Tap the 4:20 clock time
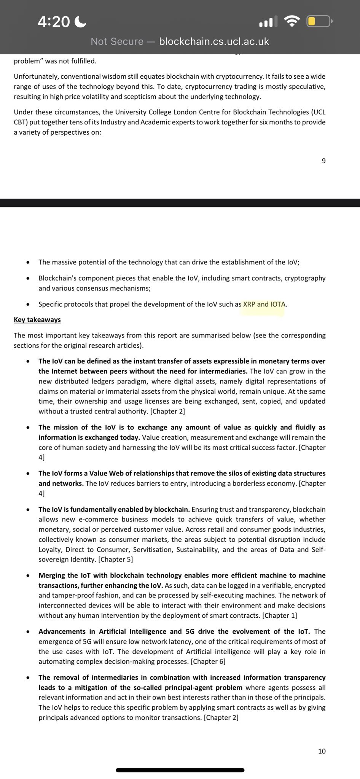54,22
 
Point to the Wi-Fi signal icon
292,21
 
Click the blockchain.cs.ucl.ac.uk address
214,41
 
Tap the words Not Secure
117,41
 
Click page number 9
323,161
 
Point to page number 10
322,751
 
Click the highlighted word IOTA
278,304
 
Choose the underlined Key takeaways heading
37,320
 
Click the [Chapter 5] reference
116,560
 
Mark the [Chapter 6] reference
208,661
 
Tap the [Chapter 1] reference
280,615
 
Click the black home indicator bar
180,770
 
